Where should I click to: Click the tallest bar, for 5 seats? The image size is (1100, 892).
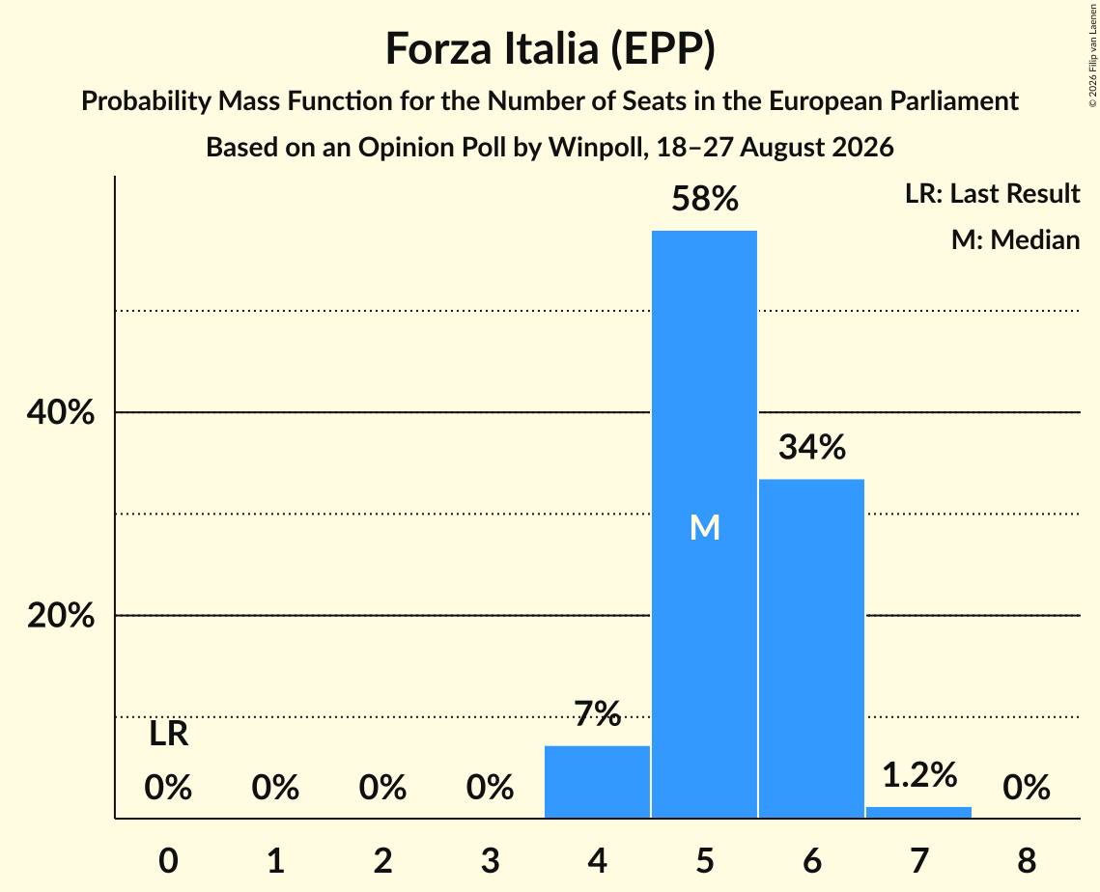(704, 524)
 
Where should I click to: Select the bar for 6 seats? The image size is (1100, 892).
(811, 648)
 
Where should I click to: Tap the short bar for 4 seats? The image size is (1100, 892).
(597, 781)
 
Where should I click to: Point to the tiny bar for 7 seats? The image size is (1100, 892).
(919, 812)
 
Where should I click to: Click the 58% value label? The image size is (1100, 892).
(705, 199)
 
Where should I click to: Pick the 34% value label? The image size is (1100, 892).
(812, 447)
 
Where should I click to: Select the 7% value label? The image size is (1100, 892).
(598, 713)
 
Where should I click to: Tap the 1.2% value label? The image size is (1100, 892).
(919, 775)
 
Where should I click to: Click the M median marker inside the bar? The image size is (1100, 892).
(705, 527)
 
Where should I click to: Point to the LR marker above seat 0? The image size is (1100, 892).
(168, 735)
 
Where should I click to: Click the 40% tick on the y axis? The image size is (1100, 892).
(60, 412)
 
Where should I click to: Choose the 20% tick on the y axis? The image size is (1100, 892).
(60, 616)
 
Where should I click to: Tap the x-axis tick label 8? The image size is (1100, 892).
(1027, 860)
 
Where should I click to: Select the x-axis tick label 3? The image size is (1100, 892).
(490, 860)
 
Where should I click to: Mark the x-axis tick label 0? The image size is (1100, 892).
(168, 860)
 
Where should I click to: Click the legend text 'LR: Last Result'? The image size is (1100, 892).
(992, 193)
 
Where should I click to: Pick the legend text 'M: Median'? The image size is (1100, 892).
(1015, 239)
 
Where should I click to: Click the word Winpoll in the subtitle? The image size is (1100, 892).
(598, 148)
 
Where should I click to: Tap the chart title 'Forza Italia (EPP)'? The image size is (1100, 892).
(550, 48)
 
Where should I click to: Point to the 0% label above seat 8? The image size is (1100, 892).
(1027, 788)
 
